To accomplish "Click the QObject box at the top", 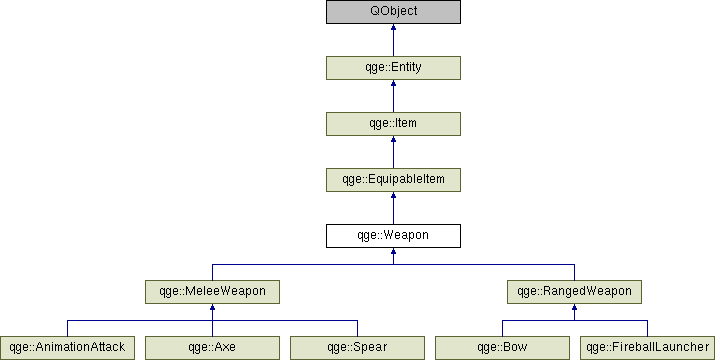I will coord(393,12).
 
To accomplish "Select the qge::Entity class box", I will coord(393,68).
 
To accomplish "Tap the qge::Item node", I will coord(393,124).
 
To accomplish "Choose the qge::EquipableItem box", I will coord(393,180).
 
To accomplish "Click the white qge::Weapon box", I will coord(393,236).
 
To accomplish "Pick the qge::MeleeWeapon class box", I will coord(212,292).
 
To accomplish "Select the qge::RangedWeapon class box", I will coord(574,292).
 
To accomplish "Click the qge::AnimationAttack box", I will coord(67,348).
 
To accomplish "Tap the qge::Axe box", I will coord(212,348).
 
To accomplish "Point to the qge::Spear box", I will coord(357,348).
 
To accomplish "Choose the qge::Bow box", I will coord(502,348).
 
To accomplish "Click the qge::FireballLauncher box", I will coord(647,348).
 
